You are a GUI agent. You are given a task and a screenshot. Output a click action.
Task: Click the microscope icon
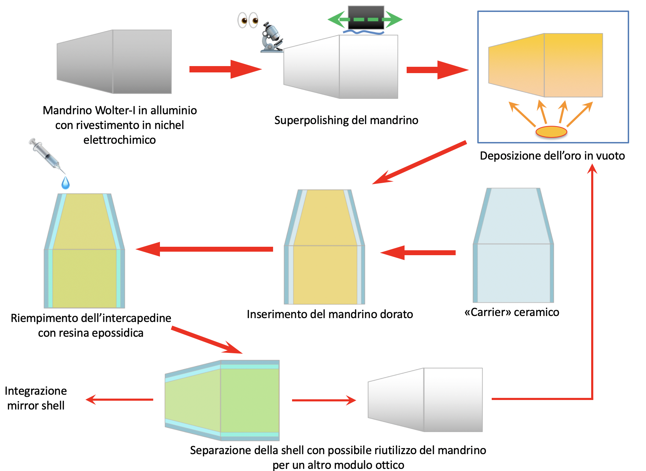272,37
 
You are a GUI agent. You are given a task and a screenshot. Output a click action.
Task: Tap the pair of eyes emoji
248,20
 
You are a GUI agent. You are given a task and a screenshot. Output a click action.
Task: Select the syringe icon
47,155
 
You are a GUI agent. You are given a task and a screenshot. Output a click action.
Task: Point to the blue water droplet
66,183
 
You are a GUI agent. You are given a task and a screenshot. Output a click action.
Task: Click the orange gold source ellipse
551,132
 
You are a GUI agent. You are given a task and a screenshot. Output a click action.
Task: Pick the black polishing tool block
366,18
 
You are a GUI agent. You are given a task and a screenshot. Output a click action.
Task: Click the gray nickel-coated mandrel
114,62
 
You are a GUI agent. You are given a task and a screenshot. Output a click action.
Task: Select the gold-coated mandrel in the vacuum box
545,65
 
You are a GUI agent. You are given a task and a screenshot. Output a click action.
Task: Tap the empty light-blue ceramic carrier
513,245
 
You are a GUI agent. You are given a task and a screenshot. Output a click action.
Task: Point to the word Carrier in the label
493,312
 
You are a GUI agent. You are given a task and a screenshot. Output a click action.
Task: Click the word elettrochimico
119,140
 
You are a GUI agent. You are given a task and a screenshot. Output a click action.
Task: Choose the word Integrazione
36,391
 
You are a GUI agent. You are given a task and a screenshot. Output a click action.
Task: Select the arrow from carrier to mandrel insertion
418,253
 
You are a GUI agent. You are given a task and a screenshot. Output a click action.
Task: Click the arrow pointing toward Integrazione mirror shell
119,400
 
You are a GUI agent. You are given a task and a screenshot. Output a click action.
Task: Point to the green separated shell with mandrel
222,400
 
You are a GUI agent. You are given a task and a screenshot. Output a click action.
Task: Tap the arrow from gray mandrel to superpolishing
226,69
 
